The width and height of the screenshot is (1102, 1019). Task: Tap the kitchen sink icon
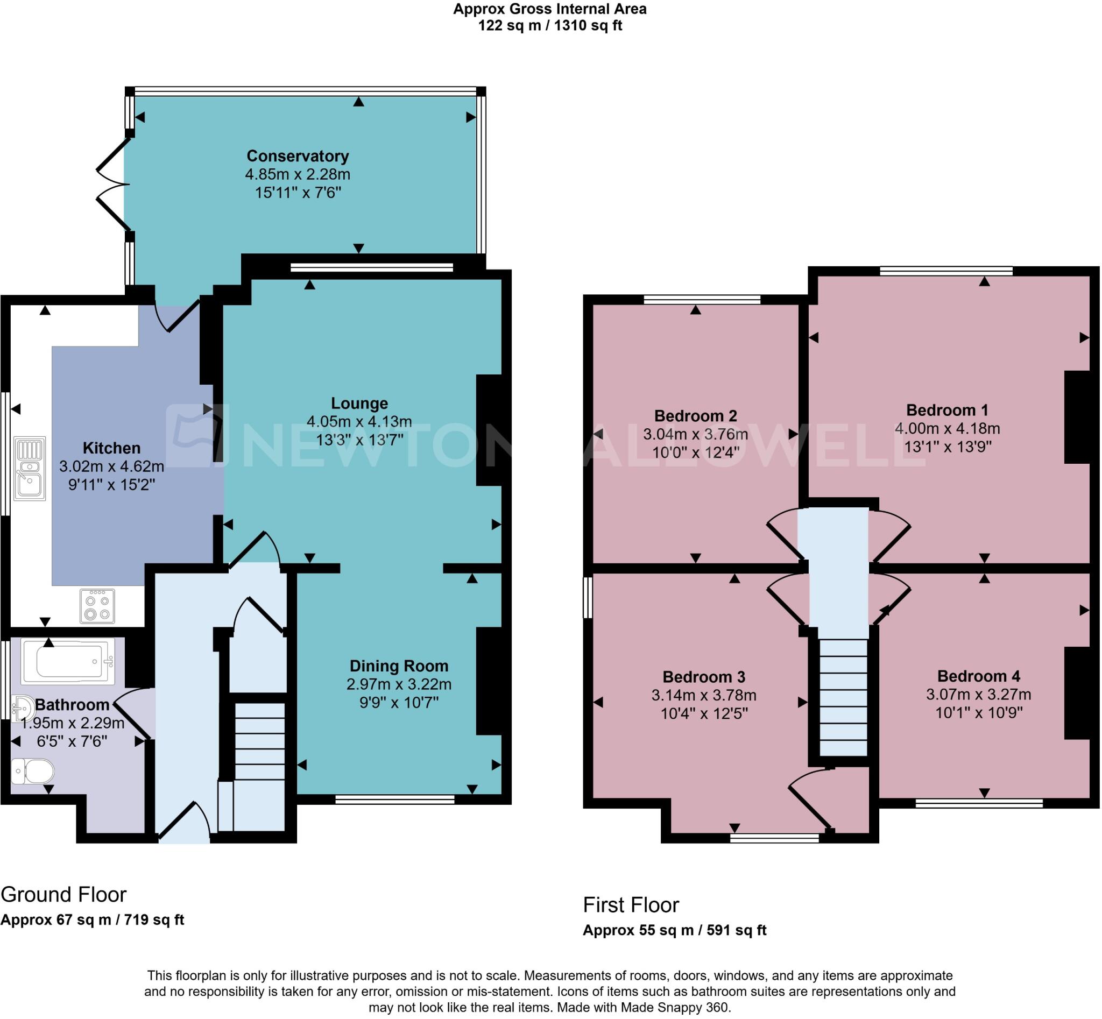point(30,468)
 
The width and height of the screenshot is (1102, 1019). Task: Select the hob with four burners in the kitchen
point(97,606)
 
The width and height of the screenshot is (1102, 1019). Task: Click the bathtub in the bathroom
point(68,661)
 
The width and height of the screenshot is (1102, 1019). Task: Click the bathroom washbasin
point(23,708)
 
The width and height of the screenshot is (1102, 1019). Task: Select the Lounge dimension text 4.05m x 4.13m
point(359,422)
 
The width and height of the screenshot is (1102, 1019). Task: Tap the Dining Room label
point(399,666)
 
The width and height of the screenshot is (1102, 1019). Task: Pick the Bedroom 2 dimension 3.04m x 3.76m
point(696,434)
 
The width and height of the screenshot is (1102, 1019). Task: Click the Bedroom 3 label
point(704,677)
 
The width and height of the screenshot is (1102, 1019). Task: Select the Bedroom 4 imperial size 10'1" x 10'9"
point(978,712)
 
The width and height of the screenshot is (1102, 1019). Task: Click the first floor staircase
point(843,697)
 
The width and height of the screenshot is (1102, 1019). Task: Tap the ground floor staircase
point(259,767)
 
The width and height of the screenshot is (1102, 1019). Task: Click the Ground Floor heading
point(63,894)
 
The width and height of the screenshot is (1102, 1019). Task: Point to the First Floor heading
point(631,905)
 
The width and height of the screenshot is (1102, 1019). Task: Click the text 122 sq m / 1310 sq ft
point(550,25)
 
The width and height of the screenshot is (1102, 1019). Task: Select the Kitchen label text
point(111,448)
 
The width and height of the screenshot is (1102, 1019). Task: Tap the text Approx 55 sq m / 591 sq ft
point(675,930)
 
